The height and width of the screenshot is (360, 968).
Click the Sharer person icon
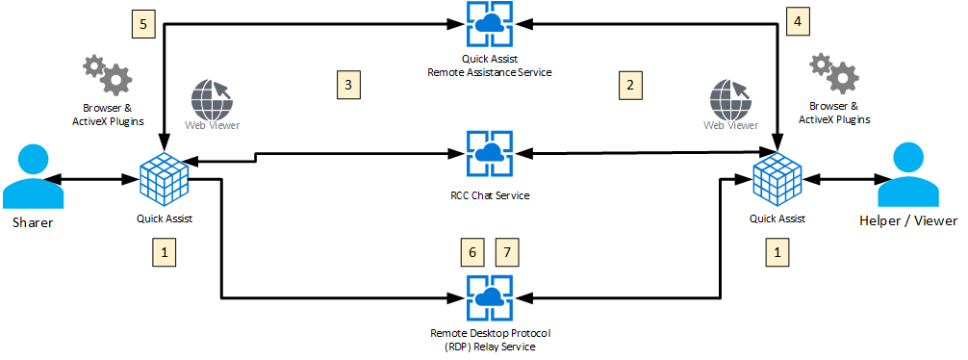(x=33, y=178)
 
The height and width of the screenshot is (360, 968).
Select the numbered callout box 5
(x=143, y=24)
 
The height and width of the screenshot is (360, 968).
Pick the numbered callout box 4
(x=798, y=20)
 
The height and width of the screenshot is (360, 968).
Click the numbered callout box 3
(x=348, y=85)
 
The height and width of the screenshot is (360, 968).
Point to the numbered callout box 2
(x=630, y=85)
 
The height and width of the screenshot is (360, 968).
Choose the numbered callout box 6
(x=472, y=252)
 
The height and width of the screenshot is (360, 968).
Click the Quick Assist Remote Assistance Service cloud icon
(x=490, y=25)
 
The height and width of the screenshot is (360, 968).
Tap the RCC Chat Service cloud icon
(x=490, y=153)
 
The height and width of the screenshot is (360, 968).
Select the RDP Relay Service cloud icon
(x=490, y=298)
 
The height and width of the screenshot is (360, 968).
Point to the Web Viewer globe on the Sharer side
(x=209, y=98)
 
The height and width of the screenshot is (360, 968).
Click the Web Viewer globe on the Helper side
(x=727, y=98)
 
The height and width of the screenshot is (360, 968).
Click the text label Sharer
(x=33, y=222)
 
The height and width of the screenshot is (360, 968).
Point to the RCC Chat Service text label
(x=490, y=195)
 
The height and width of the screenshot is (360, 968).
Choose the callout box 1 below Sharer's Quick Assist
(x=164, y=252)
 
